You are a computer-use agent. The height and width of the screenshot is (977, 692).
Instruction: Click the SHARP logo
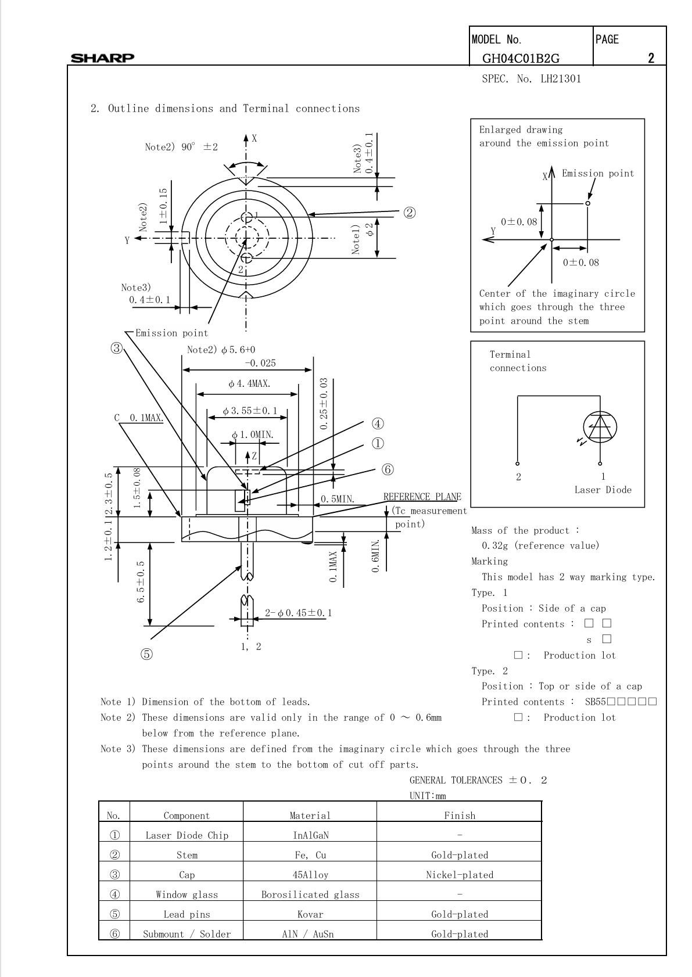102,58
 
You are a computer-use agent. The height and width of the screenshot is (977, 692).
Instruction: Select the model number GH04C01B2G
521,58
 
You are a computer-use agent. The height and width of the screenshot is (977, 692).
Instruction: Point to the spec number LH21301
561,79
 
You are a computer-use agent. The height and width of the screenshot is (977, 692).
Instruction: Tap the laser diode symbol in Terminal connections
600,427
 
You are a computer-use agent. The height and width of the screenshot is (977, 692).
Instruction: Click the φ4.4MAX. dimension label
249,384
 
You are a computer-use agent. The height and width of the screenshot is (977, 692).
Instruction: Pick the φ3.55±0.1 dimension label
250,411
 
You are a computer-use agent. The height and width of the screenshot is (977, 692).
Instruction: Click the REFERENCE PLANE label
422,497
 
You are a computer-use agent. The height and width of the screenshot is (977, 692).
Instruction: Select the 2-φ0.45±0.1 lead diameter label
299,613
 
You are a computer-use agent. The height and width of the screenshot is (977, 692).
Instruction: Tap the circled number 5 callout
146,654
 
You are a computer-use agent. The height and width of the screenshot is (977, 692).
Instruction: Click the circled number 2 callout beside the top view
409,213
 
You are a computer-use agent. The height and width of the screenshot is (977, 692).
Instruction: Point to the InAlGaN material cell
311,835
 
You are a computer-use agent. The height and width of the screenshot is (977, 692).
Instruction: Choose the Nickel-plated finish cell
460,875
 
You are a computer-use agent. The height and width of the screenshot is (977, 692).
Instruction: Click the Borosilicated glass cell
310,895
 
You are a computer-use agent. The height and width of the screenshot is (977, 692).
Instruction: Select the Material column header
310,816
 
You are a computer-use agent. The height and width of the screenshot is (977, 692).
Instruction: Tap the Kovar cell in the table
310,914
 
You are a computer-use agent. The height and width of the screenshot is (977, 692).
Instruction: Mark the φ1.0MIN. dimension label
253,435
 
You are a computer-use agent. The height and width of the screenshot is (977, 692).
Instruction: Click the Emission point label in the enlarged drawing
598,174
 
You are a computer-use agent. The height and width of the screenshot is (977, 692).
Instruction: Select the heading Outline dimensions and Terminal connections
234,109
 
